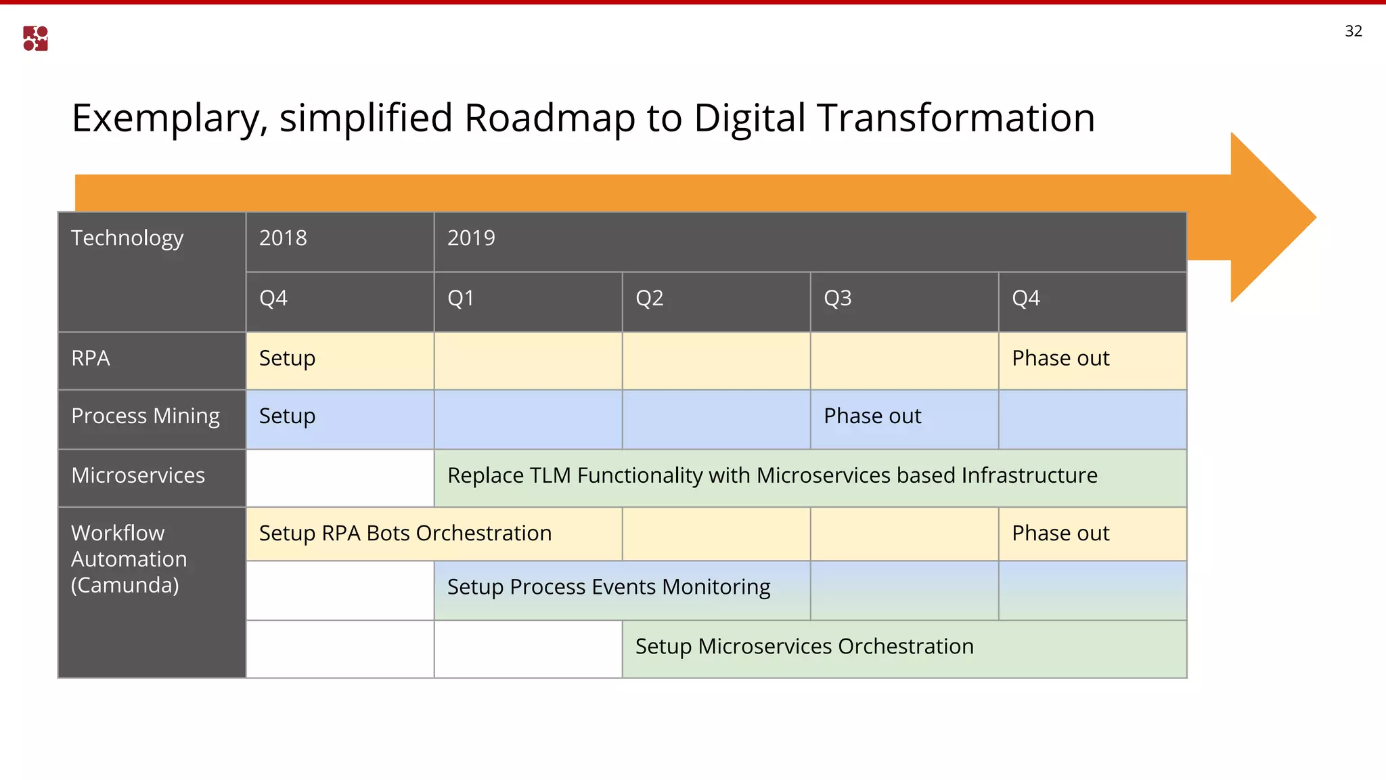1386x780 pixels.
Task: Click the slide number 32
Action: [x=1353, y=31]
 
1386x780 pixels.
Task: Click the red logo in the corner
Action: [x=35, y=39]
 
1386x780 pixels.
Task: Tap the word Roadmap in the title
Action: [x=550, y=118]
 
